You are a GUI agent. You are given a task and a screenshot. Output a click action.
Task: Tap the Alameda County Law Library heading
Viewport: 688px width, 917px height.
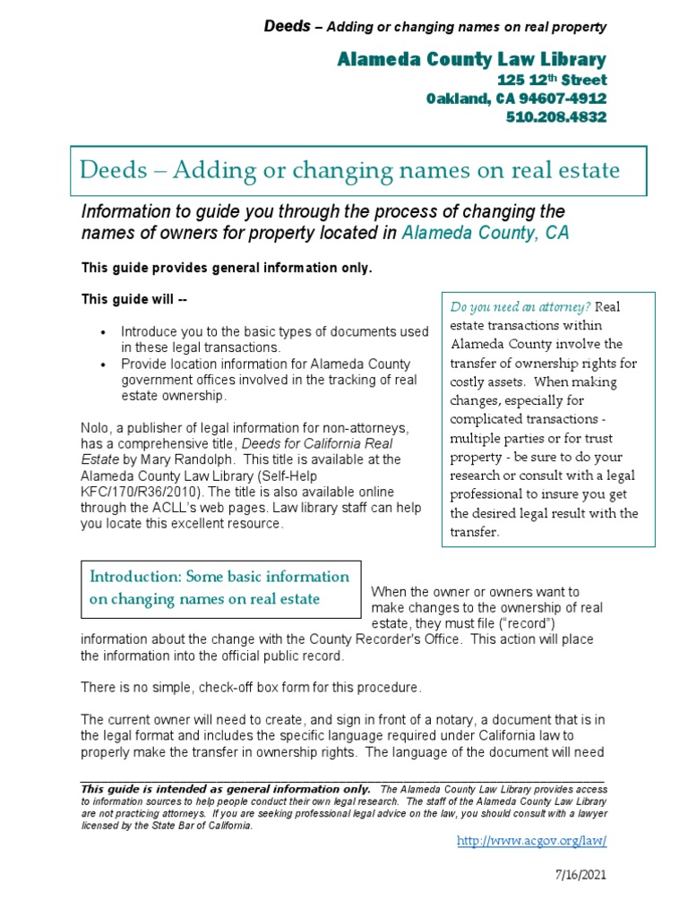(x=471, y=59)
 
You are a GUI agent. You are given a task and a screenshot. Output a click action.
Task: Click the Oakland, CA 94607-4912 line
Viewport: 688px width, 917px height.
(x=516, y=99)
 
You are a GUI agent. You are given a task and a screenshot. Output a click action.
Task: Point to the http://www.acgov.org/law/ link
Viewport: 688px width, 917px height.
(x=532, y=841)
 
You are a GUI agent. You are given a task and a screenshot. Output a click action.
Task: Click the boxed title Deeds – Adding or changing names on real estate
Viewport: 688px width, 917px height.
(x=349, y=169)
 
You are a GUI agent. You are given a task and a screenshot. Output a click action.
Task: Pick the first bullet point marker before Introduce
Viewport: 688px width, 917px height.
(x=105, y=332)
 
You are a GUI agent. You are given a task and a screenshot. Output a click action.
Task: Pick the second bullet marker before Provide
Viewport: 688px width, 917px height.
(x=105, y=364)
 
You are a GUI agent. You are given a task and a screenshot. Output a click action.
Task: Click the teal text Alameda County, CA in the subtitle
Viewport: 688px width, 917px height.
(x=486, y=234)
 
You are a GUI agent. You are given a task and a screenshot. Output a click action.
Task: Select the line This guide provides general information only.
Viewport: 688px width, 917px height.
(x=226, y=268)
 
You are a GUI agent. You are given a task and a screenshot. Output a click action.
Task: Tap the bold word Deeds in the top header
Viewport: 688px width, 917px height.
(x=285, y=26)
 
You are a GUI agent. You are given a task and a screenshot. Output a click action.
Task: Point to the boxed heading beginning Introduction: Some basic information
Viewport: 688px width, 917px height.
(x=219, y=587)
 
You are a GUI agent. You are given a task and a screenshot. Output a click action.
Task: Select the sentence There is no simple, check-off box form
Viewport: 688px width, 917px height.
(x=251, y=688)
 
